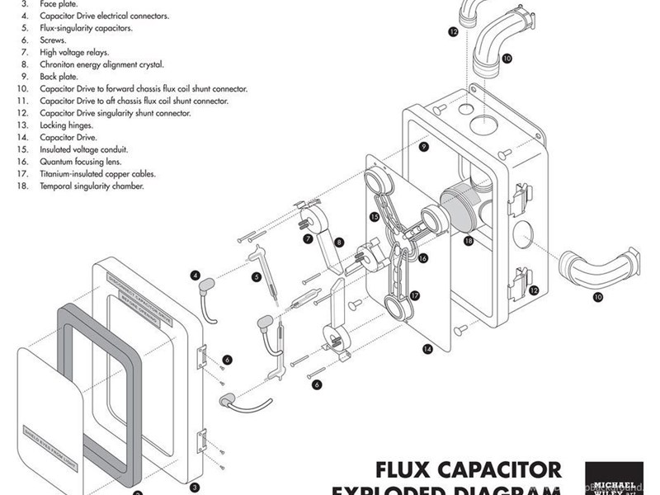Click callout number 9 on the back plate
[423, 147]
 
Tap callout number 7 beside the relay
[307, 239]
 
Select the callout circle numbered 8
[339, 243]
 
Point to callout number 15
[375, 217]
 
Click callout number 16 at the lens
[423, 258]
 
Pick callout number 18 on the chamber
[468, 241]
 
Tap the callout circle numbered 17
[415, 295]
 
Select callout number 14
[427, 350]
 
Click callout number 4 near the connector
[196, 275]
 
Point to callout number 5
[257, 277]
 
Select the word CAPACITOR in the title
[504, 471]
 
